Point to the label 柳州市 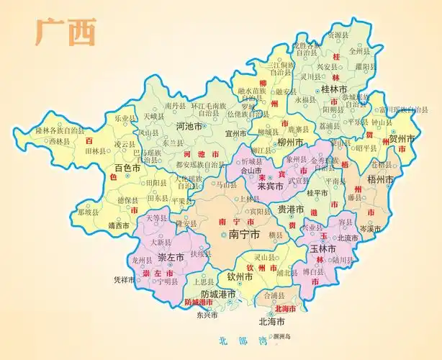(x=289, y=142)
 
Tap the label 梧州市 (x=381, y=179)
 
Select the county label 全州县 (x=358, y=51)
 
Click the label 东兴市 (x=205, y=315)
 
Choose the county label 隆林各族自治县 (x=60, y=131)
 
